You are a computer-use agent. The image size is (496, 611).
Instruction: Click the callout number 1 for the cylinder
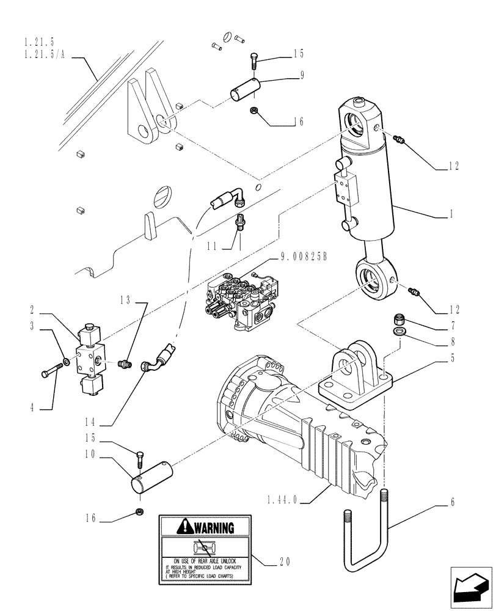click(451, 214)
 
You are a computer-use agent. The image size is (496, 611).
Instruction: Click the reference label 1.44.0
click(282, 499)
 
